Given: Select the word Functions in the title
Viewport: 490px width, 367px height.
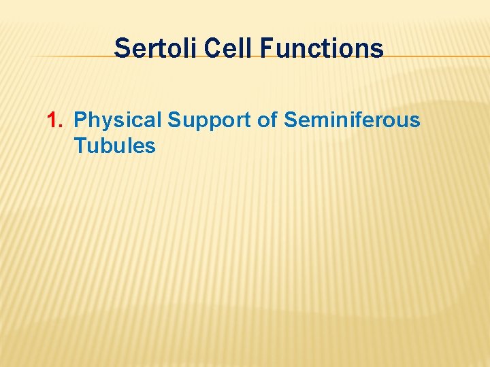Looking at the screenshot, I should pos(323,49).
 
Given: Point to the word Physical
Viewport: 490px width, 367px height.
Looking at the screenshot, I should pos(118,121).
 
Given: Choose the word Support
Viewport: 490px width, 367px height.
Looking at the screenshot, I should pos(210,121).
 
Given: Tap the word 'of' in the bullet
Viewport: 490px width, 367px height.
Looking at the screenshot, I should pos(267,121).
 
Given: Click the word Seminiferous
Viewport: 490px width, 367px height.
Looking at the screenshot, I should pos(352,121).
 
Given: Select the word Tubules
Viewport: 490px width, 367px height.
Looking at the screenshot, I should pos(114,145).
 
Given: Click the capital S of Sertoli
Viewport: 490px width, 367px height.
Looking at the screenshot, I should pos(122,49).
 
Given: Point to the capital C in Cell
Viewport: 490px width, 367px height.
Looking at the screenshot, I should pos(210,49).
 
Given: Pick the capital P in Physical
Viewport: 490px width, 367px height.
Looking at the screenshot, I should pos(80,121).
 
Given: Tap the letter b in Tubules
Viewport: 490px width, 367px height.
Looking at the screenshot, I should pos(108,145).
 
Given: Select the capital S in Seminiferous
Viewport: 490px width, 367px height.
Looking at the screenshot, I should pos(291,121).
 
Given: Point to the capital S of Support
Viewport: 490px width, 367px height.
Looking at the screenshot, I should pos(175,121).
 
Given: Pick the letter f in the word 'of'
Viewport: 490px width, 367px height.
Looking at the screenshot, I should pos(274,120).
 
